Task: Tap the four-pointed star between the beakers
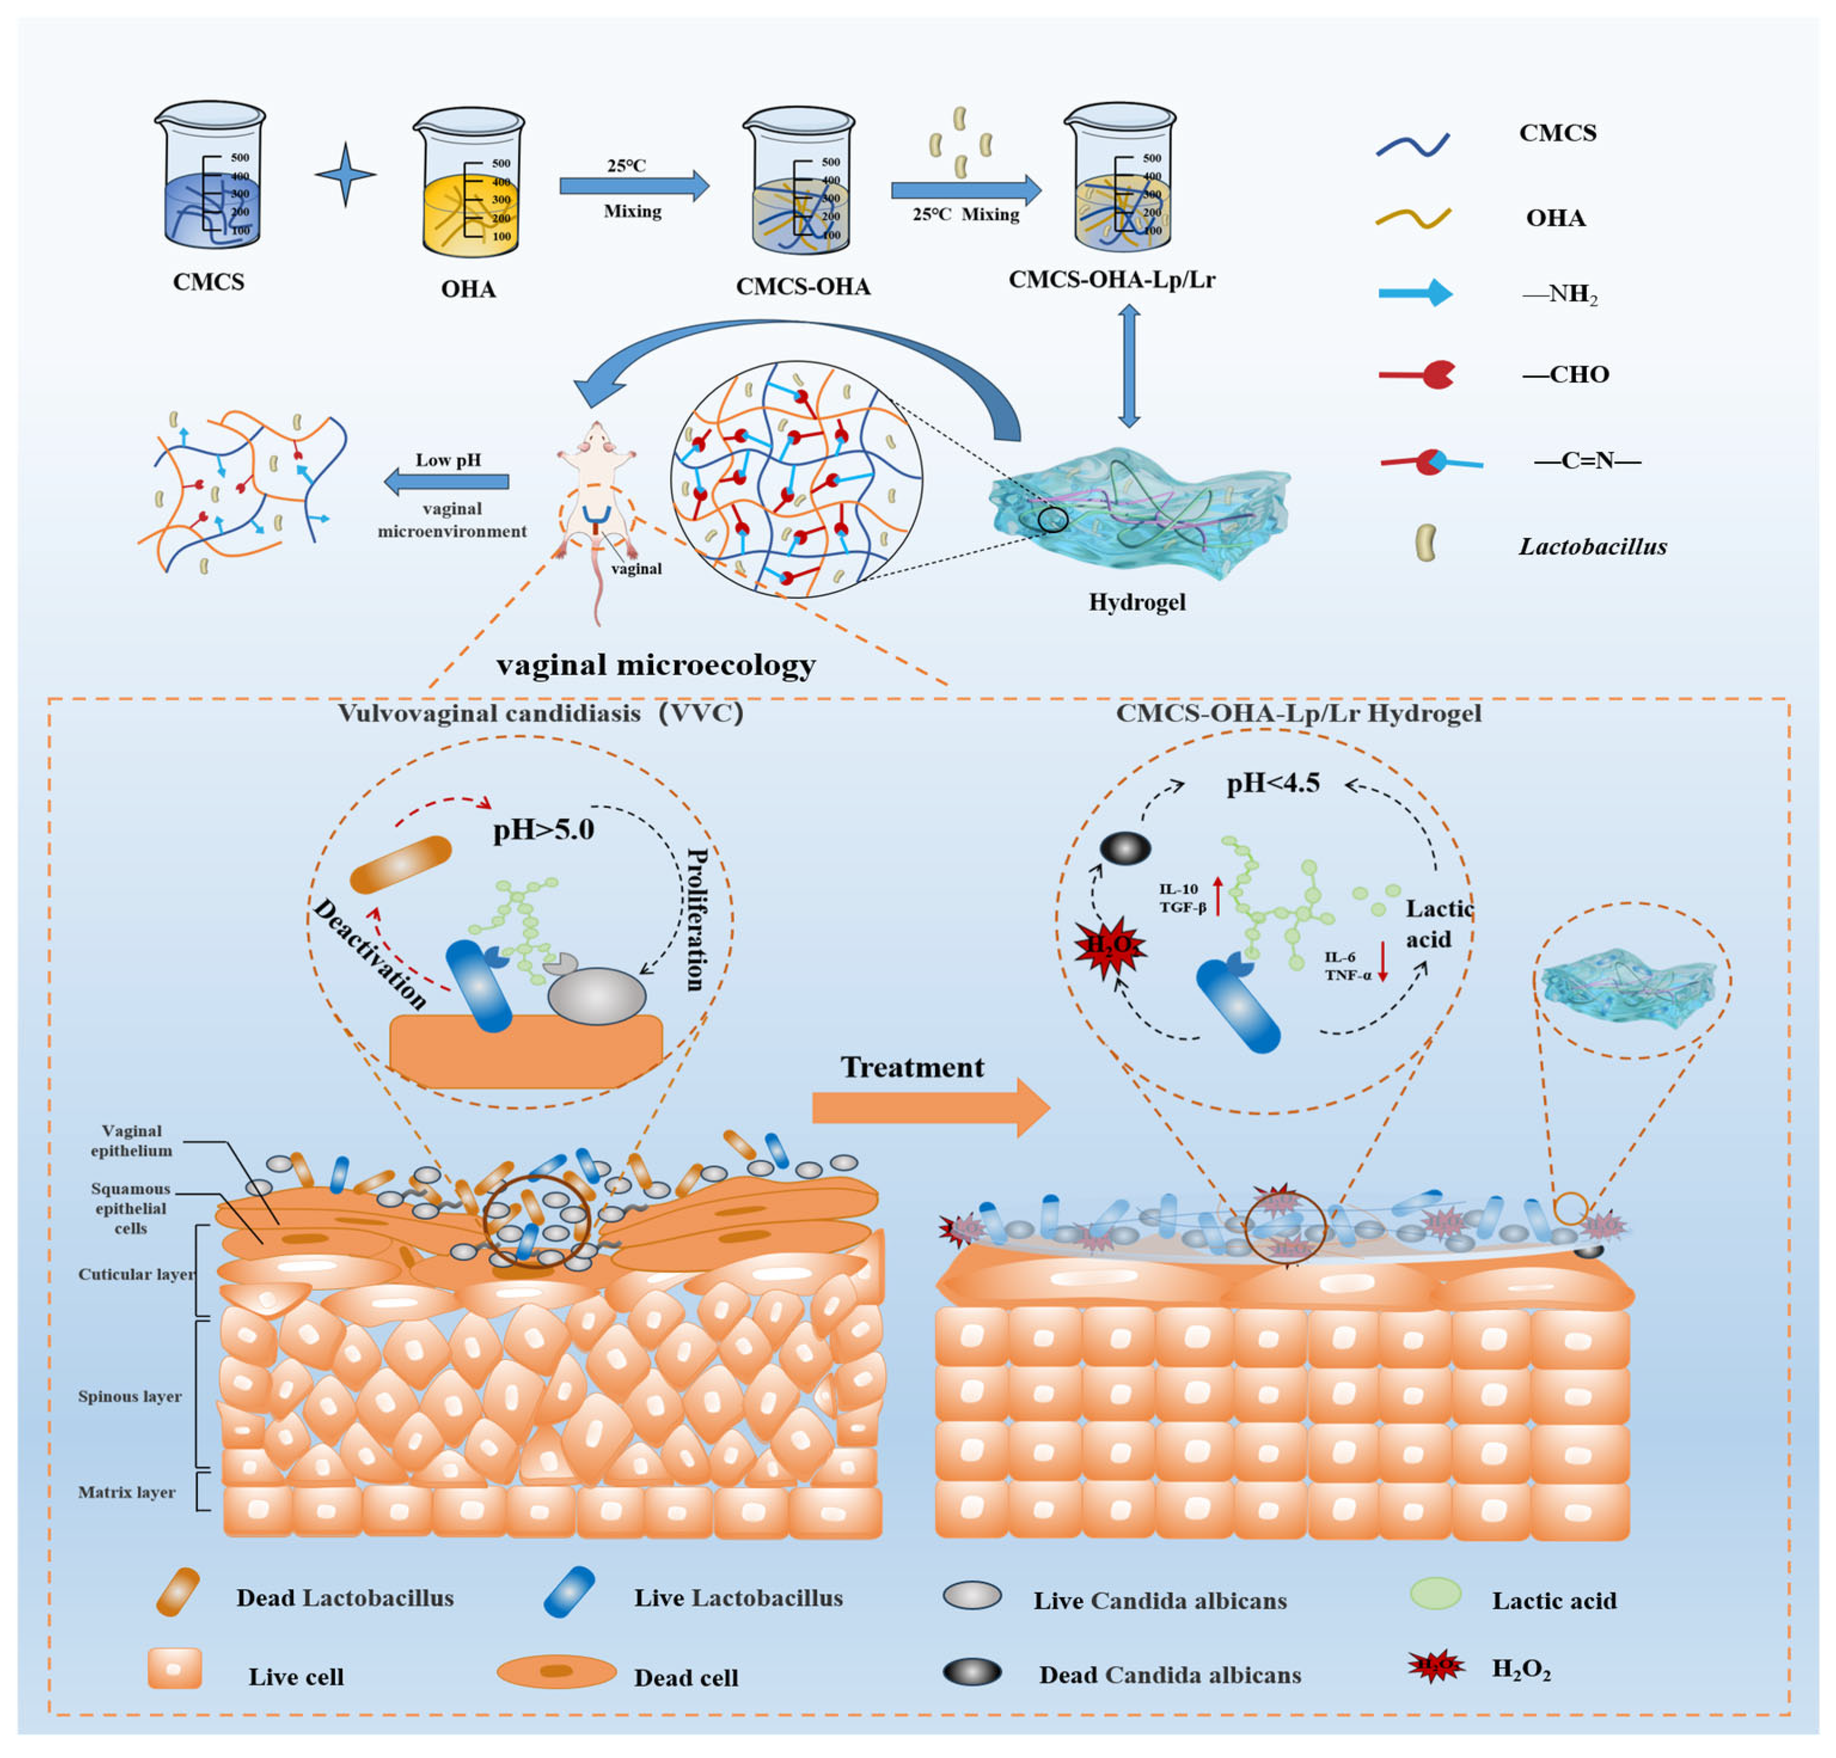pyautogui.click(x=345, y=174)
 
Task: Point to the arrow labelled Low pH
pyautogui.click(x=447, y=482)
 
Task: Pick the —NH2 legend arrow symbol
pyautogui.click(x=1415, y=293)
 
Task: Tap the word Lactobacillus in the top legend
pyautogui.click(x=1592, y=547)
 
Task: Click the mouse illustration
pyautogui.click(x=596, y=497)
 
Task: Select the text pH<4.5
pyautogui.click(x=1273, y=783)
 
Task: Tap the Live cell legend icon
pyautogui.click(x=175, y=1669)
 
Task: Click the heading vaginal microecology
pyautogui.click(x=656, y=665)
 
